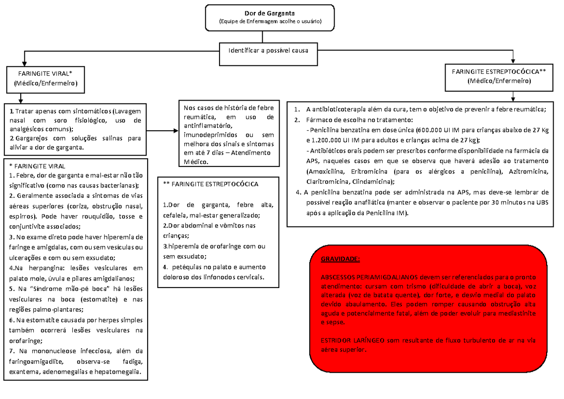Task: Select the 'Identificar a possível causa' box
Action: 268,50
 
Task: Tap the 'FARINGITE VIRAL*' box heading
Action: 45,74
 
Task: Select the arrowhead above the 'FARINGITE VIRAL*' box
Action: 20,62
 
